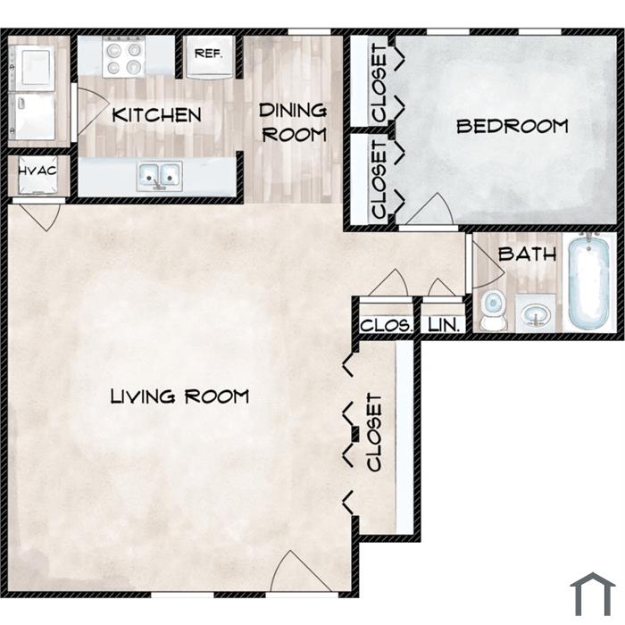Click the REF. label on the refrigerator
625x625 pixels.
[208, 54]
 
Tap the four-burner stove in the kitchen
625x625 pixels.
[123, 56]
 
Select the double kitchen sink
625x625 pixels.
[160, 176]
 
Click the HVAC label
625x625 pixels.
[37, 171]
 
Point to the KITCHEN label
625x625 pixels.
[156, 115]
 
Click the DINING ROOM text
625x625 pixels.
[294, 122]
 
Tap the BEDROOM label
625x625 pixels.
[512, 127]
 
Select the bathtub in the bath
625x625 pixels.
[589, 282]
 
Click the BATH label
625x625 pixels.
[527, 254]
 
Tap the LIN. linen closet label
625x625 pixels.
[444, 326]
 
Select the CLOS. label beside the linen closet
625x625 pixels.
[386, 326]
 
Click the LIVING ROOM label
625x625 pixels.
[179, 396]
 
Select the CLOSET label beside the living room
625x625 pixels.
[374, 432]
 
